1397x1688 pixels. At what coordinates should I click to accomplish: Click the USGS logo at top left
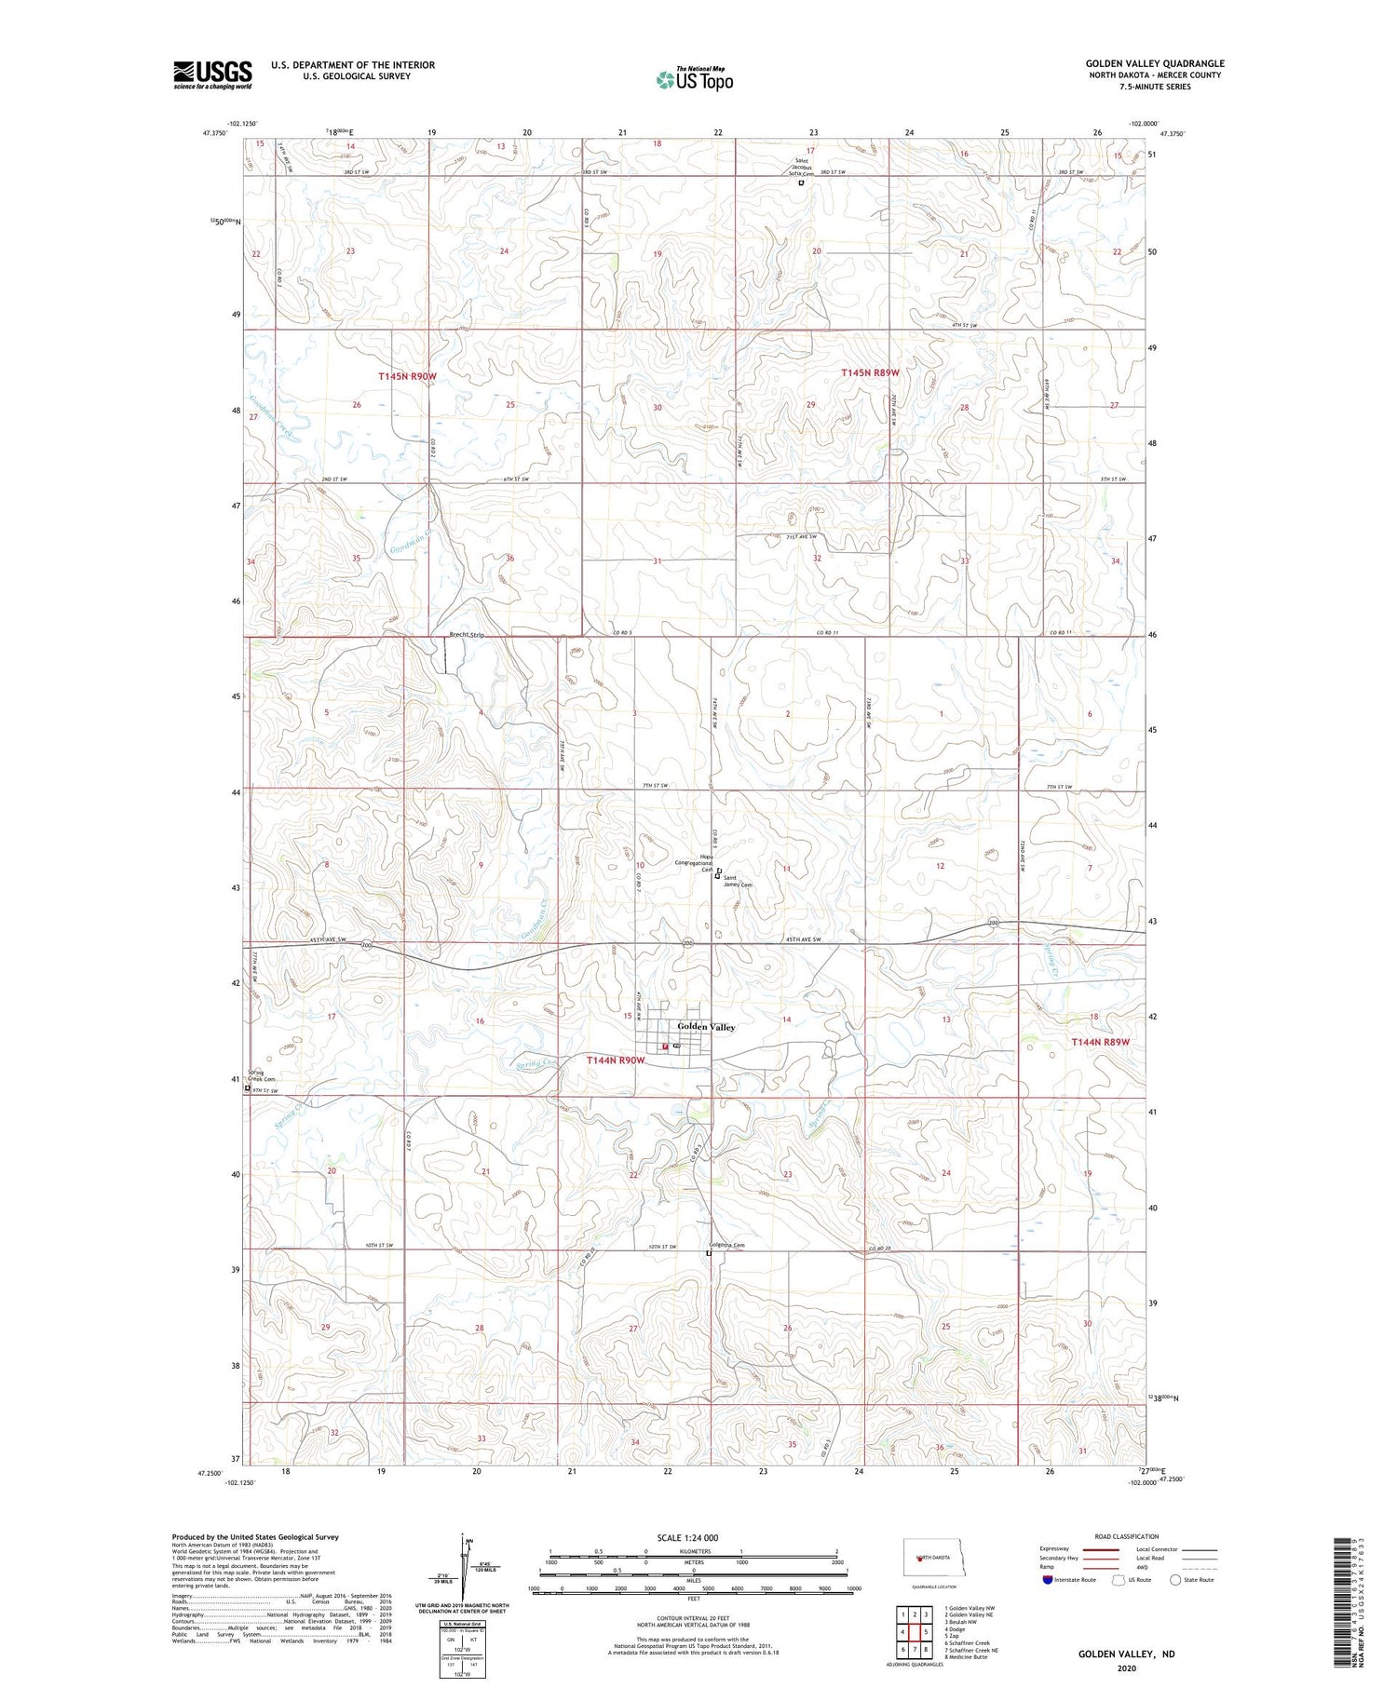tap(212, 74)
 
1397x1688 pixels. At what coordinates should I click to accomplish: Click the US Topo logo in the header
tap(694, 80)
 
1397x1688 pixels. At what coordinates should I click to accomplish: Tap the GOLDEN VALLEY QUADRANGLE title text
tap(1154, 63)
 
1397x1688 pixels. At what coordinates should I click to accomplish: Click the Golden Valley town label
tap(706, 1026)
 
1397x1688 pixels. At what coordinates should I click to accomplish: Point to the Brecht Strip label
tap(466, 635)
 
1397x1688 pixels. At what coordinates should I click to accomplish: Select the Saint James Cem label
tap(738, 881)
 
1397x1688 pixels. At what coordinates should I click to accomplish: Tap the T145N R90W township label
tap(407, 376)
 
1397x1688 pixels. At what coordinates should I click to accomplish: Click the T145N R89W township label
tap(870, 372)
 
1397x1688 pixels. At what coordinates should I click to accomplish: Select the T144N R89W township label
tap(1100, 1042)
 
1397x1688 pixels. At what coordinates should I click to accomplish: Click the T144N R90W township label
tap(616, 1060)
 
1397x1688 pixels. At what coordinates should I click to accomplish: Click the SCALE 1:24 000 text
tap(693, 1537)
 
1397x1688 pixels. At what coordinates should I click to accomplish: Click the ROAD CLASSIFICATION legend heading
tap(1127, 1536)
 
